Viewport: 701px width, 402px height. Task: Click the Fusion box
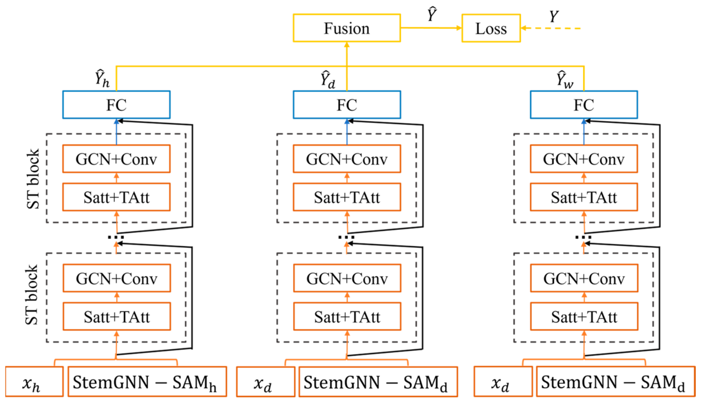[x=347, y=28]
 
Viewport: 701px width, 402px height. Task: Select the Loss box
[x=491, y=28]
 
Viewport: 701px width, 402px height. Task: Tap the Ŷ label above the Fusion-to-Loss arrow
[x=432, y=14]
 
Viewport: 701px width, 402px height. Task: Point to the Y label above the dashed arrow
[x=553, y=17]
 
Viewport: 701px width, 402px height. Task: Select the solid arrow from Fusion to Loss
[x=430, y=28]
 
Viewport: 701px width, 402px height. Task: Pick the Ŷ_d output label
[x=328, y=80]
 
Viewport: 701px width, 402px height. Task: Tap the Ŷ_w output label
[x=564, y=80]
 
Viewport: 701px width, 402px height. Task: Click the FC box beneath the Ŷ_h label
[x=116, y=105]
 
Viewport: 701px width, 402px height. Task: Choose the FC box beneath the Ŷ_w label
[x=583, y=105]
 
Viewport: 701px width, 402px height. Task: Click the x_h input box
[x=34, y=381]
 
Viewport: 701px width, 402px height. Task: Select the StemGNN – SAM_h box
[x=147, y=381]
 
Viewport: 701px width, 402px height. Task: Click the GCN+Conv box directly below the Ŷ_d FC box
[x=347, y=159]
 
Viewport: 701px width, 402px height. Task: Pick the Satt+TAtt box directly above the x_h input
[x=116, y=316]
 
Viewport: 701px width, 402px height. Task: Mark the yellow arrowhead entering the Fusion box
[x=347, y=45]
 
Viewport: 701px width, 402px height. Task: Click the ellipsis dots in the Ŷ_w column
[x=583, y=237]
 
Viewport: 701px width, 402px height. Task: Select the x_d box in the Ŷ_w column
[x=503, y=381]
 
